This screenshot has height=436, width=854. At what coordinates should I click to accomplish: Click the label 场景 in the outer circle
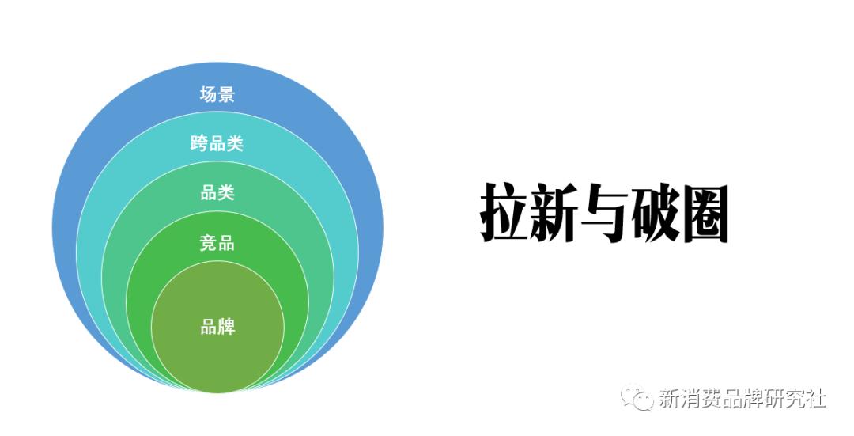tap(217, 95)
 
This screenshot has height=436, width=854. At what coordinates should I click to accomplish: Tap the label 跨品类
tap(217, 144)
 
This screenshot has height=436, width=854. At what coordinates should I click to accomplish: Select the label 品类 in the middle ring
tap(217, 193)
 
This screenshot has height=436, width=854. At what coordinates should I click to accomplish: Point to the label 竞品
tap(217, 243)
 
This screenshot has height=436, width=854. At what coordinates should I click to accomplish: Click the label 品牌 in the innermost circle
tap(217, 326)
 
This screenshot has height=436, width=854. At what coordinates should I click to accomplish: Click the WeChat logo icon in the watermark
tap(637, 398)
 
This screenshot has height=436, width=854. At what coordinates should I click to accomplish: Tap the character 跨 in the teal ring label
tap(200, 144)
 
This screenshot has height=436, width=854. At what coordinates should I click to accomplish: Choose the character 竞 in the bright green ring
tap(209, 243)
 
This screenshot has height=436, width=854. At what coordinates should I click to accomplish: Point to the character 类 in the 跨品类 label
tap(235, 144)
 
